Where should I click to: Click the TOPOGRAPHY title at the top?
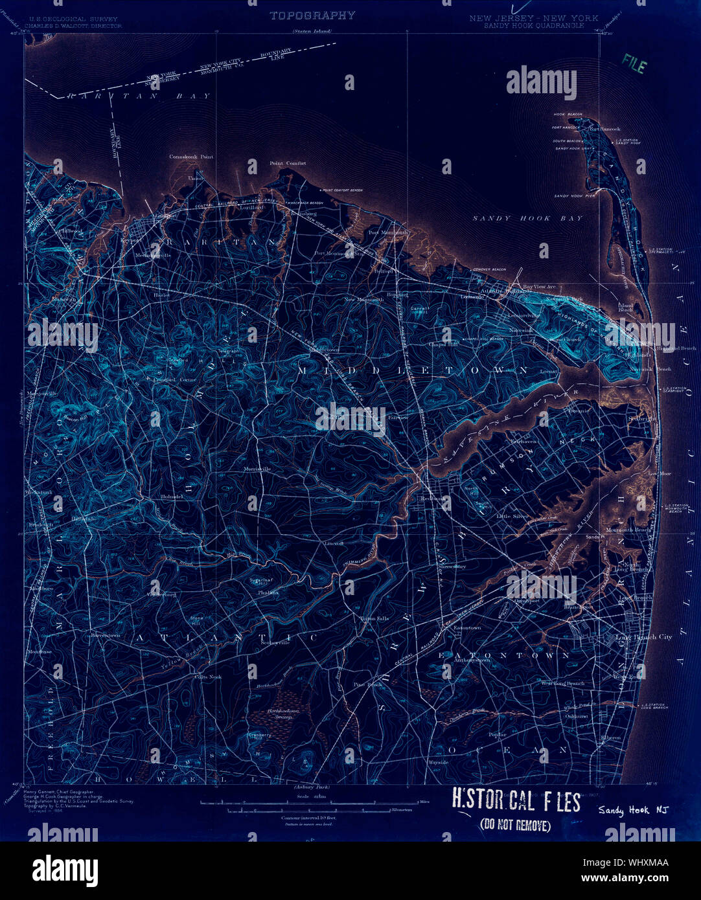(312, 16)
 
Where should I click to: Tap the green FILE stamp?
(634, 63)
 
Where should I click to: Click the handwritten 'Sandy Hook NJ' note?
(632, 810)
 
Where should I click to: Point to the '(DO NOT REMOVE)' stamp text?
(515, 825)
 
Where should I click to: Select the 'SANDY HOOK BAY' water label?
(527, 219)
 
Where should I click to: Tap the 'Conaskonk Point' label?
(191, 157)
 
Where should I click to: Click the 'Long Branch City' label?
(643, 637)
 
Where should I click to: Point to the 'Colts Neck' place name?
(208, 677)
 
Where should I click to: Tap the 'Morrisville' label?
(257, 469)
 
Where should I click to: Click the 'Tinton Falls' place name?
(374, 619)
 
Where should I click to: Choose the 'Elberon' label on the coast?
(610, 737)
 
